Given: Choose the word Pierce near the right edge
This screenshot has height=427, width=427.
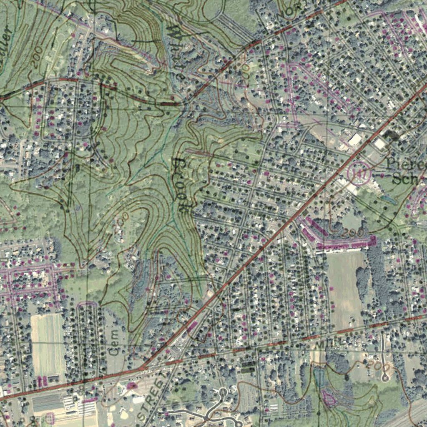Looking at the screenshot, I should point(407,163).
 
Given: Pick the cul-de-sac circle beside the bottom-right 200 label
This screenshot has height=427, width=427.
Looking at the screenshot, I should point(385,378).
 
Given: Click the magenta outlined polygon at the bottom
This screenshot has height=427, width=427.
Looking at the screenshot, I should point(329,398).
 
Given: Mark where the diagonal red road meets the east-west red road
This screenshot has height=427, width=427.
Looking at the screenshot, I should point(143,368).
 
